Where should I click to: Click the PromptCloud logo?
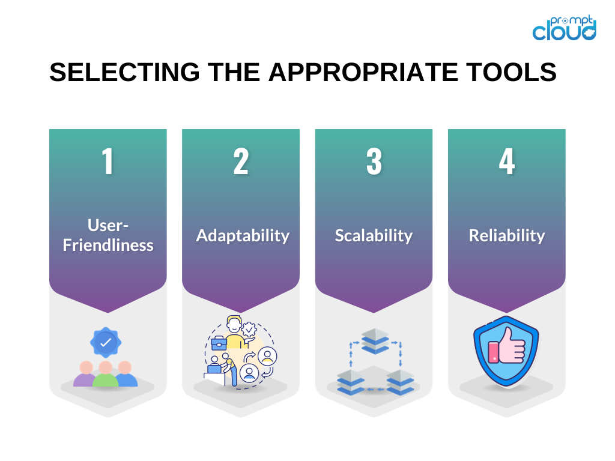tap(564, 28)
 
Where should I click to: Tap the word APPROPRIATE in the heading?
tap(363, 72)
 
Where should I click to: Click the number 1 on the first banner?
tap(108, 161)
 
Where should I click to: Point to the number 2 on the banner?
tap(241, 161)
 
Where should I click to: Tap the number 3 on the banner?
tap(374, 161)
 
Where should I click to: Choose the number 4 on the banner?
tap(507, 161)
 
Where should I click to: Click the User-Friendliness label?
tap(108, 235)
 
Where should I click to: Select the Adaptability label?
tap(243, 236)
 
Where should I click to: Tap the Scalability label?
tap(374, 236)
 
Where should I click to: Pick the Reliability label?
tap(507, 236)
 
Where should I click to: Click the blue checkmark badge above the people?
tap(106, 343)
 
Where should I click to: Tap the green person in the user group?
tap(106, 375)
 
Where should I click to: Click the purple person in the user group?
tap(85, 375)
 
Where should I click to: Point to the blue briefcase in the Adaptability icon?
tap(219, 343)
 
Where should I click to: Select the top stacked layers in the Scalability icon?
tap(375, 341)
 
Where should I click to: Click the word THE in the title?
tap(234, 72)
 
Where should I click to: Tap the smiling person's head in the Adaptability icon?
tap(234, 324)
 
